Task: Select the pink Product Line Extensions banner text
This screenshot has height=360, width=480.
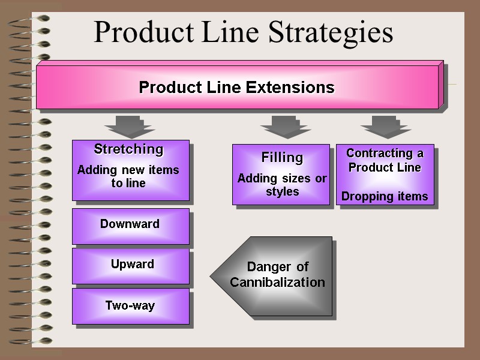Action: pyautogui.click(x=236, y=88)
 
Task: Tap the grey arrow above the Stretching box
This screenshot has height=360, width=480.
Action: pyautogui.click(x=130, y=127)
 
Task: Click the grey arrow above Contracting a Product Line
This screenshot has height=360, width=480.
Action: pyautogui.click(x=386, y=127)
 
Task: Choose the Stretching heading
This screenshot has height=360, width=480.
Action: pyautogui.click(x=128, y=149)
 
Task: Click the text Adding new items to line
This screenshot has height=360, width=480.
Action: pyautogui.click(x=128, y=176)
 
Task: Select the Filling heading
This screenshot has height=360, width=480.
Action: pyautogui.click(x=282, y=158)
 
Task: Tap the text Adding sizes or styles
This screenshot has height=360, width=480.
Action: pyautogui.click(x=282, y=185)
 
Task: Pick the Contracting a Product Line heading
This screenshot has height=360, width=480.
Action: pyautogui.click(x=385, y=160)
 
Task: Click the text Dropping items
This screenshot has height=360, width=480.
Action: pyautogui.click(x=385, y=196)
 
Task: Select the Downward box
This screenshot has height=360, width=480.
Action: pyautogui.click(x=130, y=224)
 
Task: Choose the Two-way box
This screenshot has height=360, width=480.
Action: pyautogui.click(x=130, y=306)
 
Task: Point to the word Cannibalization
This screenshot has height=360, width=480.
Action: pyautogui.click(x=277, y=283)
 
